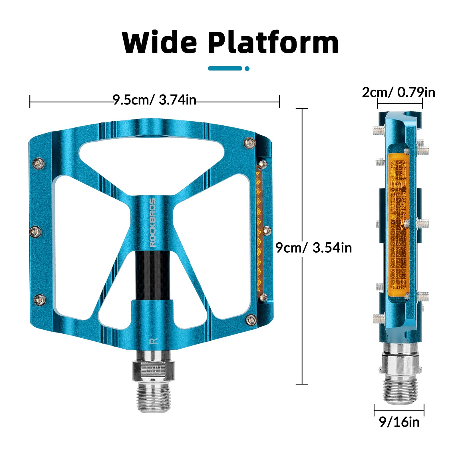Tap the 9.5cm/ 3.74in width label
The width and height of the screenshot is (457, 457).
(154, 100)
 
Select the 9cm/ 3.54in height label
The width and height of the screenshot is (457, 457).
(314, 247)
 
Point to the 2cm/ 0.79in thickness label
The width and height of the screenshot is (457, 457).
(398, 92)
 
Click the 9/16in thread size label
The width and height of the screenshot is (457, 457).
(399, 422)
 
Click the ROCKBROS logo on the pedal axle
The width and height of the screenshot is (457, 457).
(153, 222)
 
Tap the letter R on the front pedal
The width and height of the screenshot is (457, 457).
(154, 341)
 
